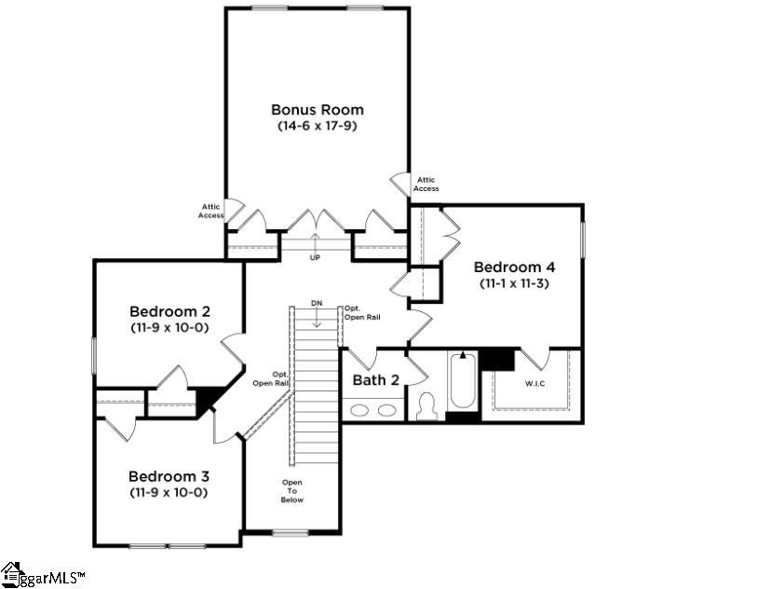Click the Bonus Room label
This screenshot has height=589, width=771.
point(317,110)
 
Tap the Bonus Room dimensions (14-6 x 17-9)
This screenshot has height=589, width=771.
point(317,125)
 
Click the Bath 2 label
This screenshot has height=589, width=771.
point(375,380)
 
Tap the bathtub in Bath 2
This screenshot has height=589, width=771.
point(463,384)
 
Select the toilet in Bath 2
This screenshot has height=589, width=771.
point(427,406)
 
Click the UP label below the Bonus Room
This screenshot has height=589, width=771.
point(315,257)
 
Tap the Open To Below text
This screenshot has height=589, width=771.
point(292,491)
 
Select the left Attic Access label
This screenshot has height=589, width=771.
point(210,212)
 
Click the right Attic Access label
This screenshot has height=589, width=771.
point(426,185)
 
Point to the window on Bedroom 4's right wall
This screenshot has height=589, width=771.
point(583,240)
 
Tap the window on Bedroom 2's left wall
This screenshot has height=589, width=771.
point(94,355)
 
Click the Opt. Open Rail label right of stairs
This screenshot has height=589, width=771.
point(361,312)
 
